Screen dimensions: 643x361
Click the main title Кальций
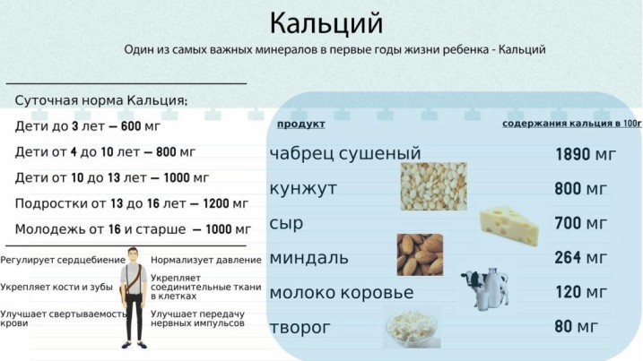[x=326, y=24]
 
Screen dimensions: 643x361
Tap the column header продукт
[x=301, y=125]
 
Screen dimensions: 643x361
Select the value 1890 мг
[x=586, y=154]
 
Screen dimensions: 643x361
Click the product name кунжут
[x=303, y=189]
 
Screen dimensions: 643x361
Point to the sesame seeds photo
[x=433, y=186]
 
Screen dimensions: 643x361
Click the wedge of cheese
[x=508, y=226]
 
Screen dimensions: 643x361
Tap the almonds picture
[x=420, y=254]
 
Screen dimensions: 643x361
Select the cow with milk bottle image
[x=484, y=288]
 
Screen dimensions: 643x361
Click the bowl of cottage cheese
[x=412, y=329]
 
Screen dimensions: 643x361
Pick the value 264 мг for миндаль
[x=580, y=258]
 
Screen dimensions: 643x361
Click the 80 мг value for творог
[x=576, y=327]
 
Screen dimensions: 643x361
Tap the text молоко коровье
[x=342, y=293]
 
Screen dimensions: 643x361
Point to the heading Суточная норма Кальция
[x=100, y=100]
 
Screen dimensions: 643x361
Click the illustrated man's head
[x=133, y=255]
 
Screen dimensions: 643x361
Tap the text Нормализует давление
[x=206, y=260]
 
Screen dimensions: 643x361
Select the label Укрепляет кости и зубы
[x=56, y=287]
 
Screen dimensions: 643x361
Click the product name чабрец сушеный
[x=345, y=154]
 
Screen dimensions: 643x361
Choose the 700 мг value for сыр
[x=580, y=223]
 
